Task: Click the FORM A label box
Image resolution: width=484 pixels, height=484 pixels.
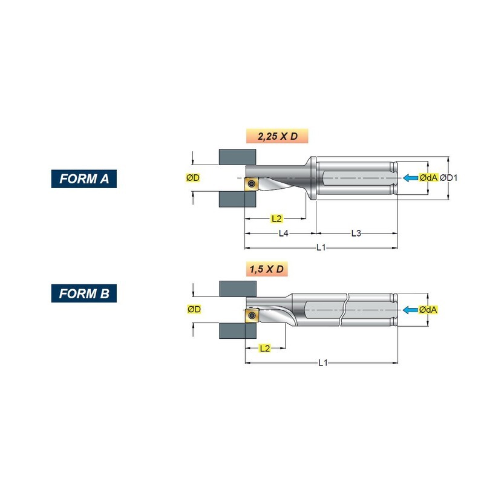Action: tap(84, 178)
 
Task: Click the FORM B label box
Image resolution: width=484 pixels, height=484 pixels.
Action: tap(84, 293)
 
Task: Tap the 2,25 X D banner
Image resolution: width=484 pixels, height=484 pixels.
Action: tap(277, 136)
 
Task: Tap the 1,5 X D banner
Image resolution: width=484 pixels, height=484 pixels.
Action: tap(267, 269)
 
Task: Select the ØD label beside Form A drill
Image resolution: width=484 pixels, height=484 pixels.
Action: tap(193, 177)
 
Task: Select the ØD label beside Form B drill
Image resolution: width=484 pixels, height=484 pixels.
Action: tap(194, 309)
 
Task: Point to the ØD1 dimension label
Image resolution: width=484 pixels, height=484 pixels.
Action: tap(448, 178)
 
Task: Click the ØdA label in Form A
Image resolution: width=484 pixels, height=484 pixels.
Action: tap(428, 178)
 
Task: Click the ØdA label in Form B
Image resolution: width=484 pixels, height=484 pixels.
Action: tap(428, 310)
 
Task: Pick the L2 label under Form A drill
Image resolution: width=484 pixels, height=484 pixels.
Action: tap(276, 219)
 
